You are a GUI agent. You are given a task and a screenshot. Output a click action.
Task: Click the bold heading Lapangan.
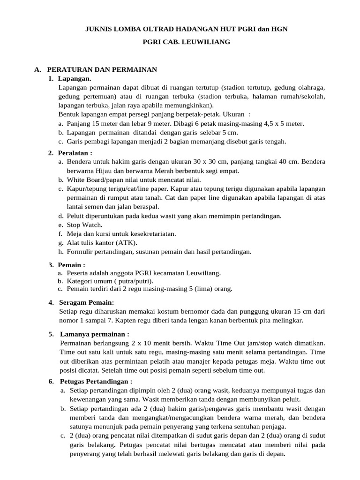click(75, 78)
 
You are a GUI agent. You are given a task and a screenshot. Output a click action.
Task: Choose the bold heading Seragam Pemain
click(87, 302)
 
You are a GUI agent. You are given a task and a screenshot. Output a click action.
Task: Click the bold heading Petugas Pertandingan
click(96, 381)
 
